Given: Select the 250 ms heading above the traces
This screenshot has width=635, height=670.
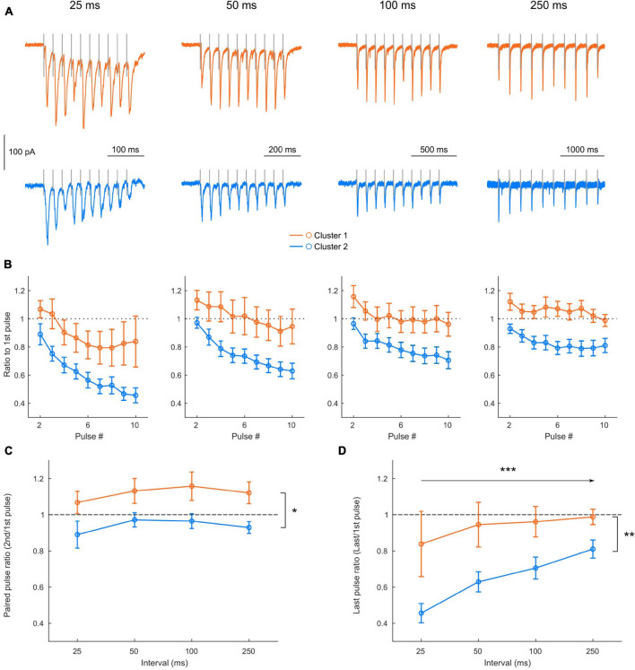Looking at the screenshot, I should click(544, 7).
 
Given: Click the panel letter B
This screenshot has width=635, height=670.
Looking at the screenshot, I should click(7, 265).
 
